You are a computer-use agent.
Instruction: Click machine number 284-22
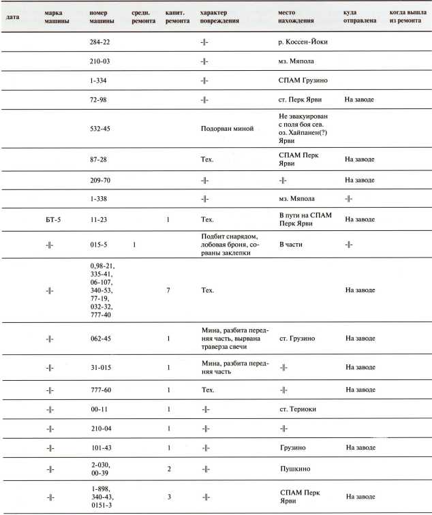(101, 42)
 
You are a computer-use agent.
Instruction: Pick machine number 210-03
(101, 61)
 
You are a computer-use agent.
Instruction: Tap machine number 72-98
(99, 99)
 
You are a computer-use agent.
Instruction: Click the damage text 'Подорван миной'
(223, 128)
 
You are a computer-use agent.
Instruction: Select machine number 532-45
(101, 128)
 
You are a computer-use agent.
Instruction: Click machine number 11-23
(99, 219)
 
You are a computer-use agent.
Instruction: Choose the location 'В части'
(291, 243)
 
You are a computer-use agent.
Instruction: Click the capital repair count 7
(168, 290)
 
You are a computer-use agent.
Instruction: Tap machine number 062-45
(101, 338)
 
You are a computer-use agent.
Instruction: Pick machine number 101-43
(101, 448)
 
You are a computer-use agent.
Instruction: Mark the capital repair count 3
(168, 497)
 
